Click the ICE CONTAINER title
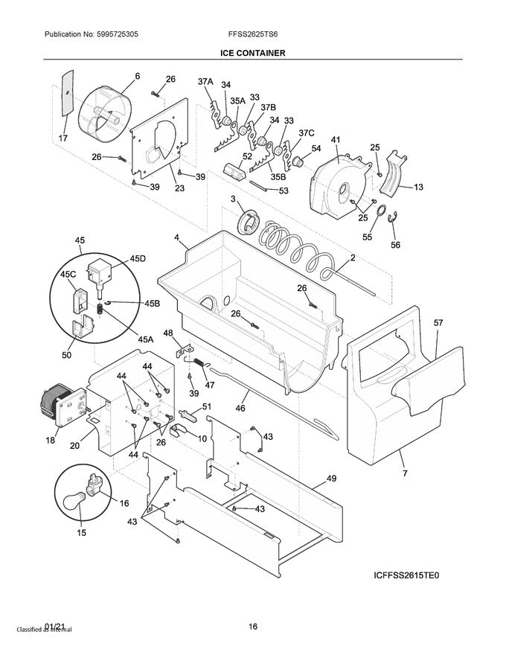coord(253,53)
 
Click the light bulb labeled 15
coord(74,501)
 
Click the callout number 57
coord(438,322)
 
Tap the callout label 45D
coord(138,258)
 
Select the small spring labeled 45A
coord(100,309)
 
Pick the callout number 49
coord(331,479)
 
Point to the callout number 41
coord(336,140)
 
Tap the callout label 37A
coord(205,81)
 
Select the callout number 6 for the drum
coord(138,76)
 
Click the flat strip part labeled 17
coord(67,93)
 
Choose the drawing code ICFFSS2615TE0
coord(406,575)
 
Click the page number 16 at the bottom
coord(252,627)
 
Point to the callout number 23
coord(179,188)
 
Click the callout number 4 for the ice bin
coord(177,237)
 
